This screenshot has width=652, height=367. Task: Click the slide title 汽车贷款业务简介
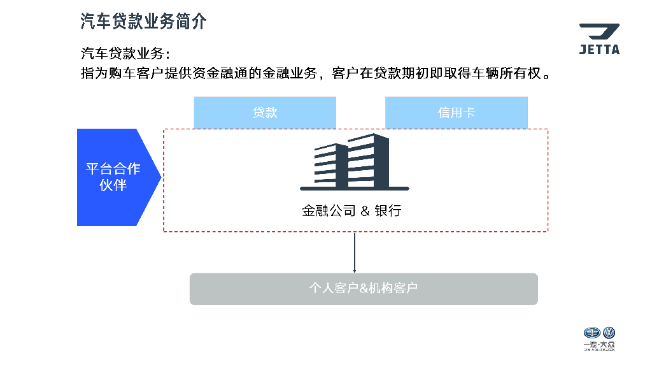(143, 20)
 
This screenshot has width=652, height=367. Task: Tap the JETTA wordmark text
(599, 50)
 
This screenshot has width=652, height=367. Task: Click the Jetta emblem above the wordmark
(599, 32)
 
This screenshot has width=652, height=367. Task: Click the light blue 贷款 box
(265, 113)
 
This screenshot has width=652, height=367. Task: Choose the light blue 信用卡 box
(456, 113)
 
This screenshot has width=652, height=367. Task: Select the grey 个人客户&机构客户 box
(364, 289)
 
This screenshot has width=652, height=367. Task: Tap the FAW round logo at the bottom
(592, 333)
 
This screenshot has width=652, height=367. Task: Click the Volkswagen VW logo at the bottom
(609, 333)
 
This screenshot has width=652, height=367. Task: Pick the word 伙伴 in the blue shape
(113, 185)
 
